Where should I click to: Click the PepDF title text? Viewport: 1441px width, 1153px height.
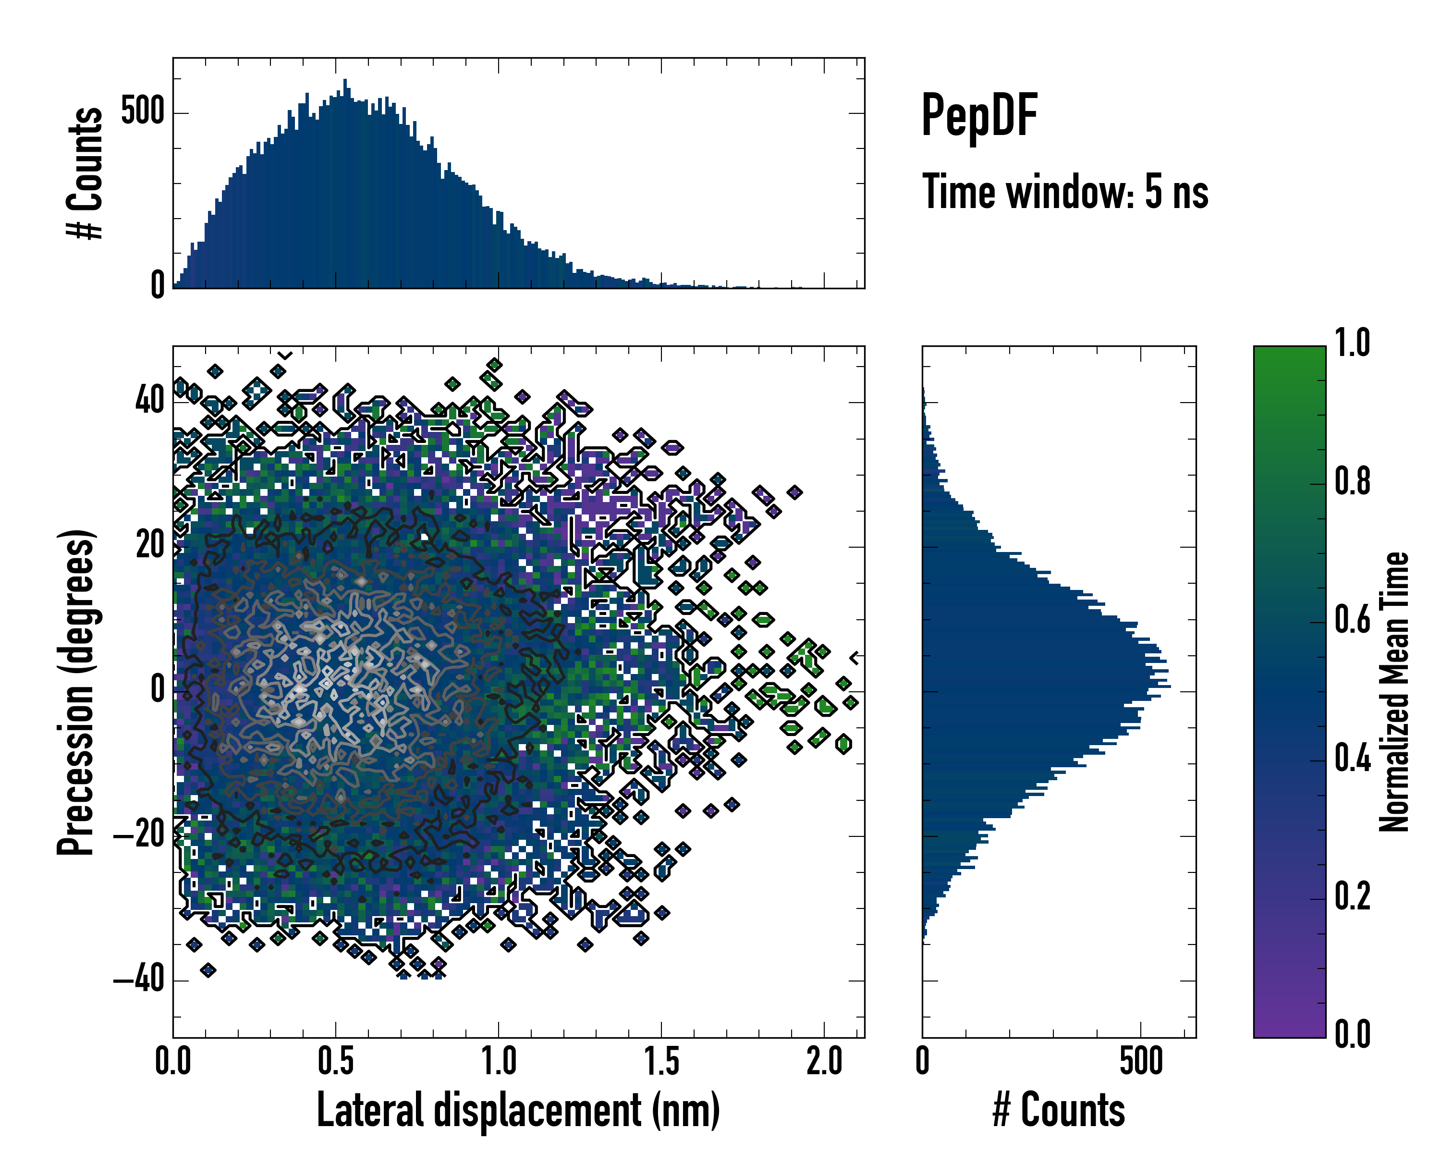click(x=978, y=116)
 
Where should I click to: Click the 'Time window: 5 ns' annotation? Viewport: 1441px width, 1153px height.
click(x=1065, y=192)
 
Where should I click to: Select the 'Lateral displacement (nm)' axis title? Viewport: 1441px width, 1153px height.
click(x=518, y=1110)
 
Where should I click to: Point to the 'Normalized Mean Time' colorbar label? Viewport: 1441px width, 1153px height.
click(x=1393, y=692)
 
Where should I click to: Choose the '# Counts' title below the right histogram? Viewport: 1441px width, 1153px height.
click(x=1059, y=1110)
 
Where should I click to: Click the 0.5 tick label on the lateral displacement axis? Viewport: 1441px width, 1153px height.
click(x=336, y=1061)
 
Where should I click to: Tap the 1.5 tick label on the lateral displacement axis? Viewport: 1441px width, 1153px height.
click(x=661, y=1061)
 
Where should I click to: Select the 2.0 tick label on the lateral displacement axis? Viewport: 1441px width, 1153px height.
click(x=824, y=1061)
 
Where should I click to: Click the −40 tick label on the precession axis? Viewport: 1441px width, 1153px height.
click(x=139, y=980)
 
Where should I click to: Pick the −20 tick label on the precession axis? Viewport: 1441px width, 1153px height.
click(x=139, y=835)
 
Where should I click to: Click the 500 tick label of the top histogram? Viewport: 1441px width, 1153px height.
click(x=142, y=111)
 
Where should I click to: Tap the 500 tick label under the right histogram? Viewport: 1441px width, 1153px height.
click(x=1141, y=1061)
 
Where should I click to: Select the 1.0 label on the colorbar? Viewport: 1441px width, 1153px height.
click(x=1352, y=343)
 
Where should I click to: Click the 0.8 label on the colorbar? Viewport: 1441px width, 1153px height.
click(x=1352, y=482)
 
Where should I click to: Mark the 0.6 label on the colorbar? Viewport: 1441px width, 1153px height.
click(x=1352, y=620)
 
